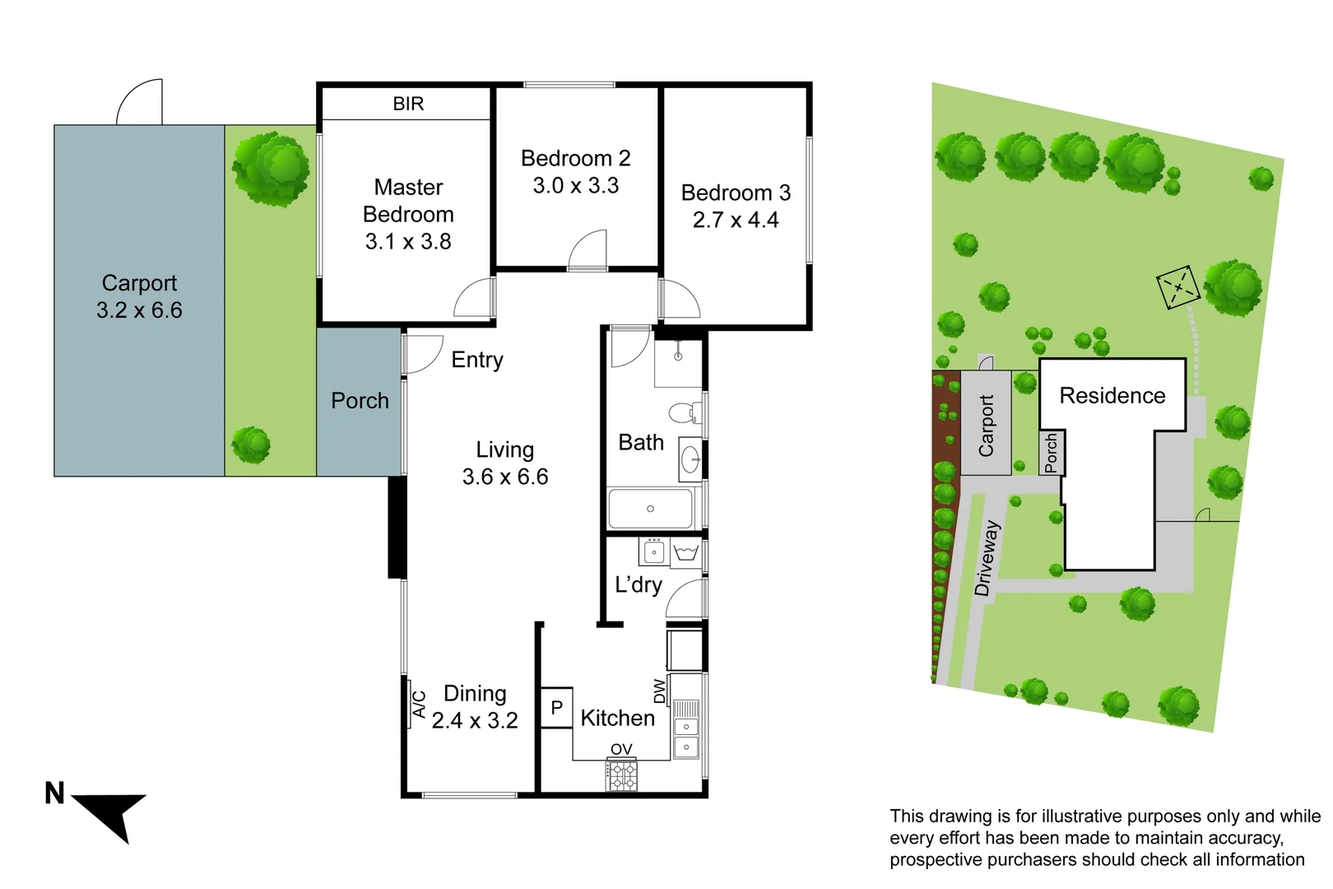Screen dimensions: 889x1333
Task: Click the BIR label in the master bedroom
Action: tap(408, 104)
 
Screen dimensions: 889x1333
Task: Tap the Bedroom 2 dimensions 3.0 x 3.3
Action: tap(575, 186)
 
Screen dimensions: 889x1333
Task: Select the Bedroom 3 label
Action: tap(736, 193)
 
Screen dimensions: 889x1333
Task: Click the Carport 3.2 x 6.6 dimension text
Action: tap(139, 310)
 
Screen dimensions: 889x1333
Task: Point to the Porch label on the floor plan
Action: tap(360, 401)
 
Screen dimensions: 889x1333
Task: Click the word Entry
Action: tap(477, 360)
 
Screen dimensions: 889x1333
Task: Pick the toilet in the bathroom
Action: tap(682, 412)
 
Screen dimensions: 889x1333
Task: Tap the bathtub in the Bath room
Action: tap(650, 509)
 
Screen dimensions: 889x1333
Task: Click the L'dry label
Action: tap(638, 585)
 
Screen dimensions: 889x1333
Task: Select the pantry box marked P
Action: tap(556, 708)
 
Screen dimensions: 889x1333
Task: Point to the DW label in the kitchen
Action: tap(659, 691)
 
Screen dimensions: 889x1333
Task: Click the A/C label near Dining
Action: tap(419, 705)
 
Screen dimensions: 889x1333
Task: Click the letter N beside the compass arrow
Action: tap(54, 794)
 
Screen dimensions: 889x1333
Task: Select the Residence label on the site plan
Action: tap(1112, 396)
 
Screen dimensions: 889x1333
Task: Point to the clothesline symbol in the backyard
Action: tap(1178, 287)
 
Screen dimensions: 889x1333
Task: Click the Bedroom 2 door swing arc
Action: tap(586, 249)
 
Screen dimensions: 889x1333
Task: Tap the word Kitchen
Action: tap(617, 719)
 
